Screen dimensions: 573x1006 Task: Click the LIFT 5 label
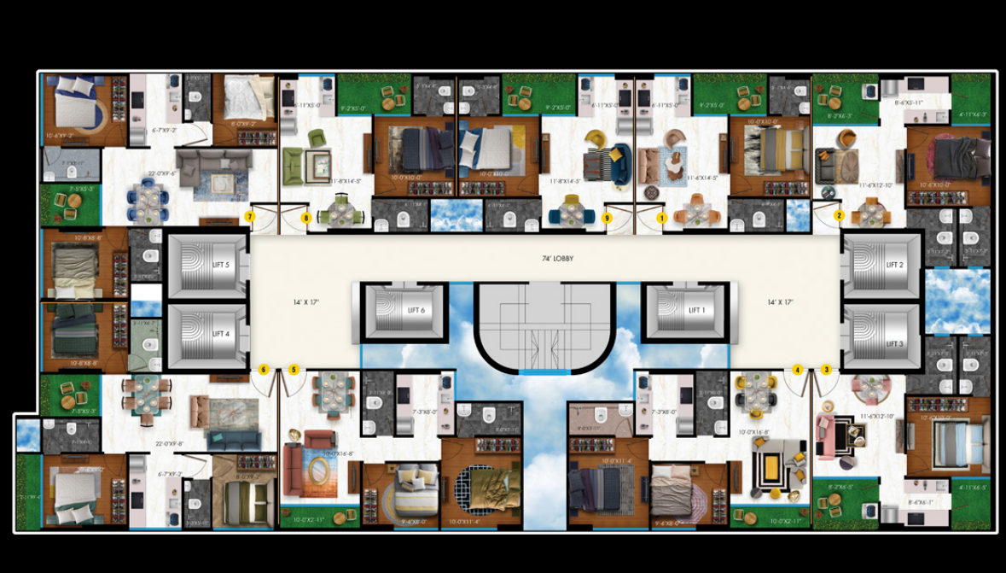[221, 265]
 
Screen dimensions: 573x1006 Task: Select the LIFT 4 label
[221, 334]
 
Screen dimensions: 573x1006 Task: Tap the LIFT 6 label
[416, 311]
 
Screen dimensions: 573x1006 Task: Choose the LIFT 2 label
[894, 265]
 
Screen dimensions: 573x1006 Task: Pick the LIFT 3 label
[894, 343]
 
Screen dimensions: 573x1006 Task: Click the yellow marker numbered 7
[250, 217]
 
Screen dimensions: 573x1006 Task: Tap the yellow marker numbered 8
[305, 218]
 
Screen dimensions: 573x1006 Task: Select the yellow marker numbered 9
[607, 218]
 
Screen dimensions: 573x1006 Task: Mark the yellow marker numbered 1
[661, 218]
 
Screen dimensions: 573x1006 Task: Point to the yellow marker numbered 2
[840, 215]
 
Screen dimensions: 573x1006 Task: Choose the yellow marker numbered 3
[826, 370]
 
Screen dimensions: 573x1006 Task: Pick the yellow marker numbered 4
[798, 370]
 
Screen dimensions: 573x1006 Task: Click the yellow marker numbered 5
[294, 370]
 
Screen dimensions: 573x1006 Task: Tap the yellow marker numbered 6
[264, 370]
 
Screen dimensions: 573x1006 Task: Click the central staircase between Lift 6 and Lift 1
[544, 329]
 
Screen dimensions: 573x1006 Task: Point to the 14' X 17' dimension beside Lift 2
[780, 302]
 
